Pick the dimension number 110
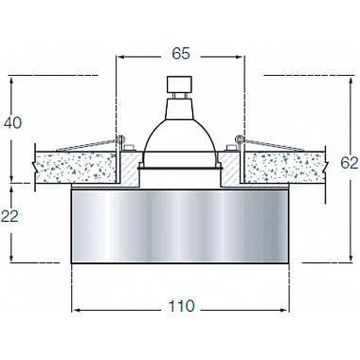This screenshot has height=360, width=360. tap(180, 305)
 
